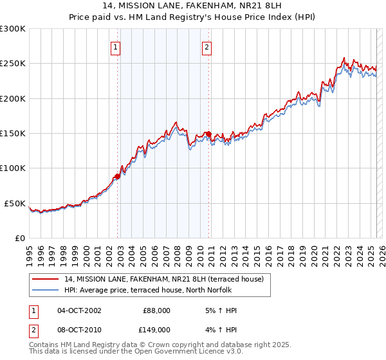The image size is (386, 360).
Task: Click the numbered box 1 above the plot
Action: pyautogui.click(x=115, y=46)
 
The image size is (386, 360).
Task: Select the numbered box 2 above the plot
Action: pyautogui.click(x=207, y=46)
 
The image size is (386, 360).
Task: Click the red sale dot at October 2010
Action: pyautogui.click(x=208, y=134)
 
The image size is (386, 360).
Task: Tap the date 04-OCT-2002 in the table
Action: pyautogui.click(x=79, y=310)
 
